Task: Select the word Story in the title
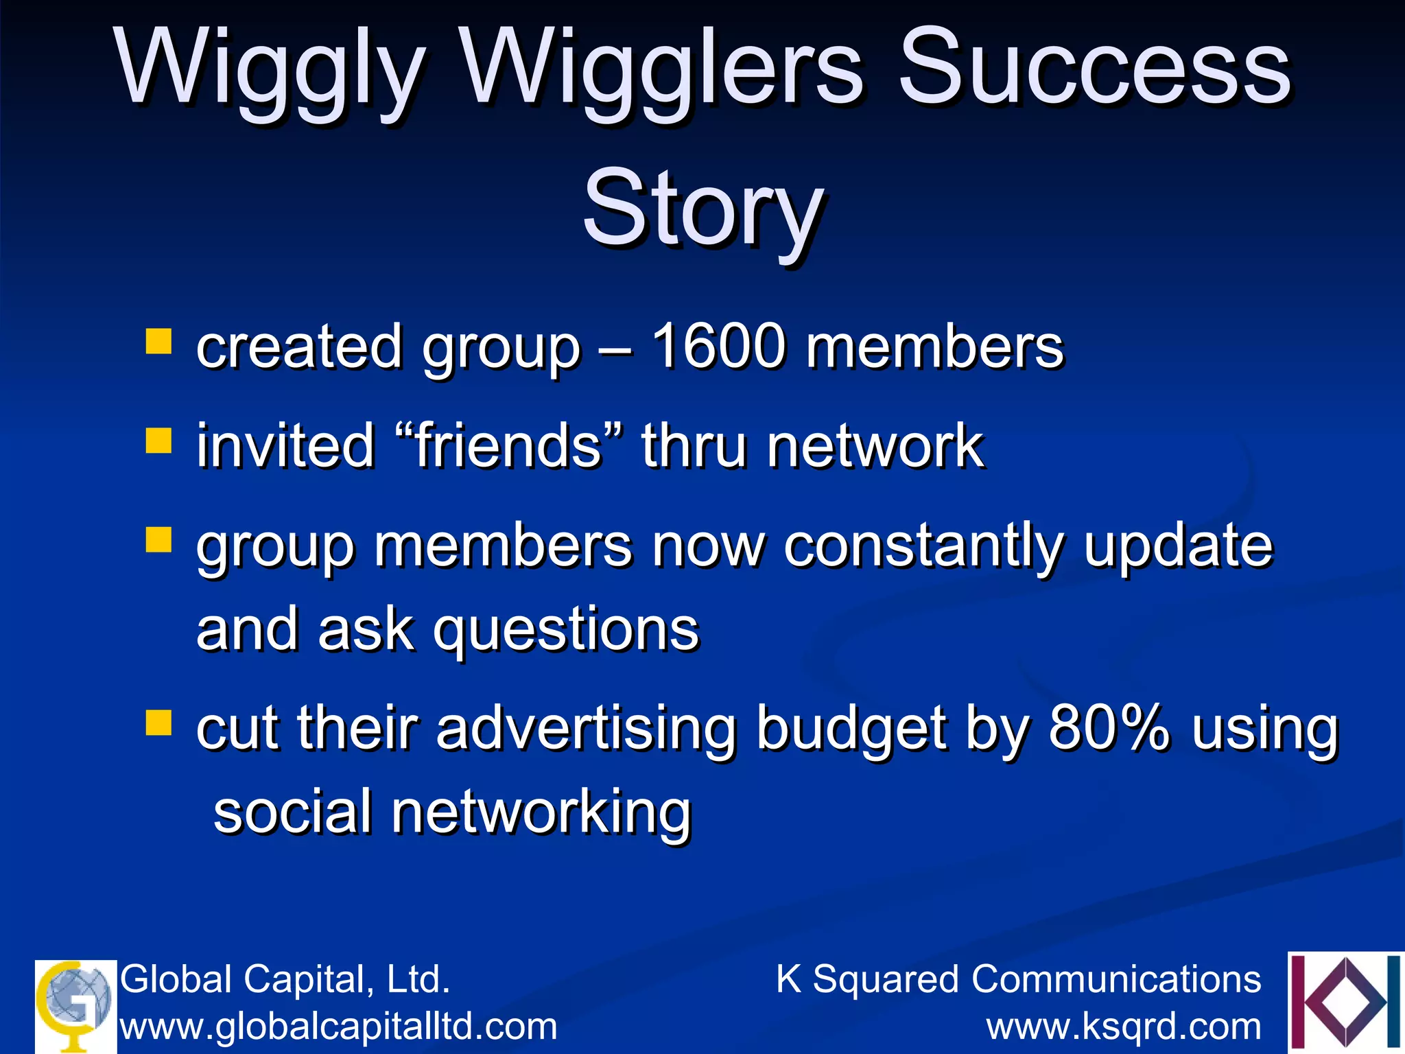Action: click(x=702, y=209)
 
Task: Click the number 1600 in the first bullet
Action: click(x=718, y=347)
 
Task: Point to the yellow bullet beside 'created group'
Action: click(x=158, y=341)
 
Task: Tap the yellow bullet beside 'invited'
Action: click(x=158, y=441)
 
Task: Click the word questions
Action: click(x=566, y=629)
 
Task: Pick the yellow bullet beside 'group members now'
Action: click(x=158, y=539)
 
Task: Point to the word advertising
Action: click(x=586, y=729)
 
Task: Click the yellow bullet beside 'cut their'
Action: click(x=158, y=723)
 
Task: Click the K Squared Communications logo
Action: click(x=1345, y=1003)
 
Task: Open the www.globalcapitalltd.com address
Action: click(x=339, y=1027)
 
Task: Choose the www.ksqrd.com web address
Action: click(x=1123, y=1027)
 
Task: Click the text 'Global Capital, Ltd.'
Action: click(x=285, y=979)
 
